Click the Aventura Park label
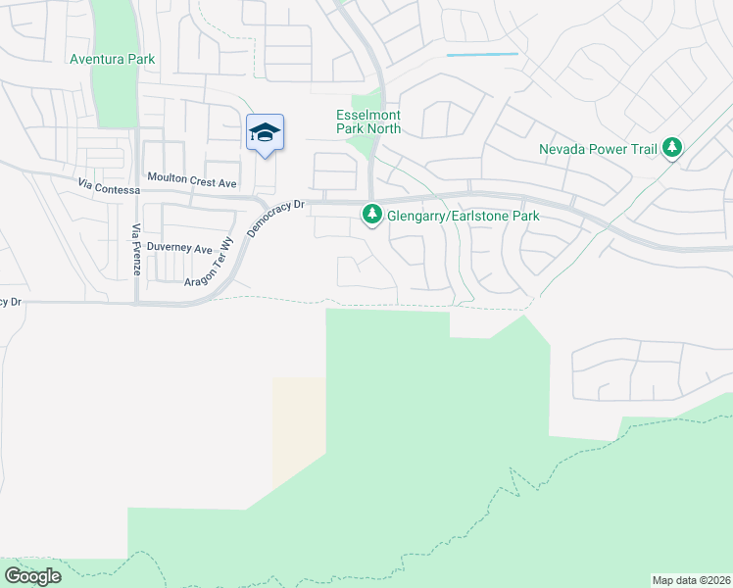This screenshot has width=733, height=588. pyautogui.click(x=112, y=60)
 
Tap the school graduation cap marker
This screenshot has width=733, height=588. pyautogui.click(x=265, y=133)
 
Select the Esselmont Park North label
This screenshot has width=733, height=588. pyautogui.click(x=368, y=122)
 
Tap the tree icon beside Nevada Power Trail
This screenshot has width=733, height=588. pyautogui.click(x=671, y=148)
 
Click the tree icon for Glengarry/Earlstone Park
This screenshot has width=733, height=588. pyautogui.click(x=371, y=213)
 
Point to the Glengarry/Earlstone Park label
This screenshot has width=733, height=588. pyautogui.click(x=464, y=216)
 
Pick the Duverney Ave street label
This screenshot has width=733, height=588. pyautogui.click(x=179, y=250)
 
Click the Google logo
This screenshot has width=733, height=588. pyautogui.click(x=32, y=576)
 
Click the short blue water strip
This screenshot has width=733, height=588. pyautogui.click(x=482, y=55)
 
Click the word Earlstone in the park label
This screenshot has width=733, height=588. pyautogui.click(x=495, y=216)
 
